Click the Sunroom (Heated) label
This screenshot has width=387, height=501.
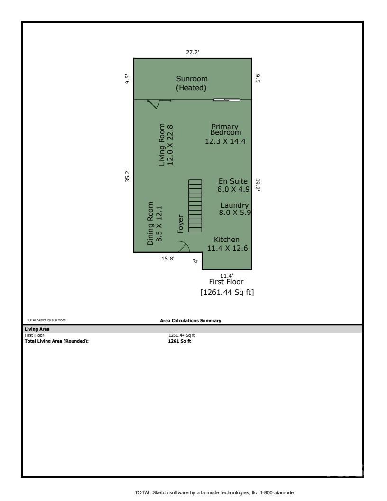(x=192, y=83)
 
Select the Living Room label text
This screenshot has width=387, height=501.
(x=166, y=145)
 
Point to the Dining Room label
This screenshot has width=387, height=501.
(x=155, y=224)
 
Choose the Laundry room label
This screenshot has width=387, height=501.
(x=234, y=209)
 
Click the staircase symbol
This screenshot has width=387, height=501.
(x=195, y=205)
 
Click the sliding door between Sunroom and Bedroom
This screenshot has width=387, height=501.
(x=226, y=100)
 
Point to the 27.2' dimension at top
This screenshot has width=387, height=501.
(x=192, y=53)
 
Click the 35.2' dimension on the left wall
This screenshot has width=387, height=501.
(x=127, y=176)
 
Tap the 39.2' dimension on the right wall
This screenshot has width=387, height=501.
(x=258, y=185)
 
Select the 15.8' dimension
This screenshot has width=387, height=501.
(x=168, y=259)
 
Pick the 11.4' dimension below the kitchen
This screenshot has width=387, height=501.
(x=227, y=275)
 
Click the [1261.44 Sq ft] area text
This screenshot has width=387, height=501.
(x=227, y=292)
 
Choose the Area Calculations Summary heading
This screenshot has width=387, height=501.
(x=191, y=321)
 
